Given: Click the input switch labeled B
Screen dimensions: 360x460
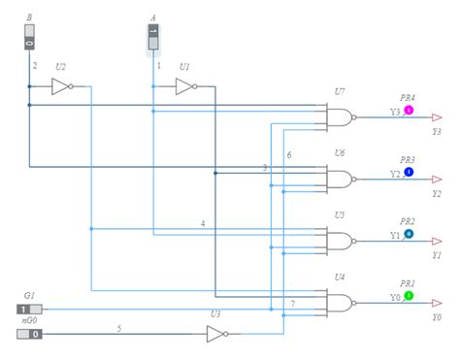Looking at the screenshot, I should [29, 37].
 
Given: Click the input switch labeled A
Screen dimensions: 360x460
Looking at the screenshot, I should [152, 37].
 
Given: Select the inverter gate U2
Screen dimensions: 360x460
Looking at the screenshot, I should [62, 86].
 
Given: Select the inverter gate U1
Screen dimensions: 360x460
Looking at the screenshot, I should [184, 86].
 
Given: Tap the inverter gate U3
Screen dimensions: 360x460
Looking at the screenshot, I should [217, 335].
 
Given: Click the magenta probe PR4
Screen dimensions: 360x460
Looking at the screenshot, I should [409, 111].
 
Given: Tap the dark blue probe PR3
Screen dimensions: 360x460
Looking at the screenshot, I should [409, 172].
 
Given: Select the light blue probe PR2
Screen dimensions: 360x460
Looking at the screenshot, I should [409, 234].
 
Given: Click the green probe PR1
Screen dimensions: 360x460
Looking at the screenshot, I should [409, 295].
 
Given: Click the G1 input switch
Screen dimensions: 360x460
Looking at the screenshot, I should [29, 310].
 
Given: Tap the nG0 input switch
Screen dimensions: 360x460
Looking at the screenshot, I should [29, 335].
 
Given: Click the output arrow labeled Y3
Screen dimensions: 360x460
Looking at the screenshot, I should [437, 117].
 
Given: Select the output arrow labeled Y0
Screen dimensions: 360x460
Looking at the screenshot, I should [437, 303].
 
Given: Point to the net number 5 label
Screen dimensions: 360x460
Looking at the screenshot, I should [119, 328].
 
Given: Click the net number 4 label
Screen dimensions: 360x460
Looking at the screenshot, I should [203, 224].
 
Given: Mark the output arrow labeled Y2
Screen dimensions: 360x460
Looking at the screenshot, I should [437, 180].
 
